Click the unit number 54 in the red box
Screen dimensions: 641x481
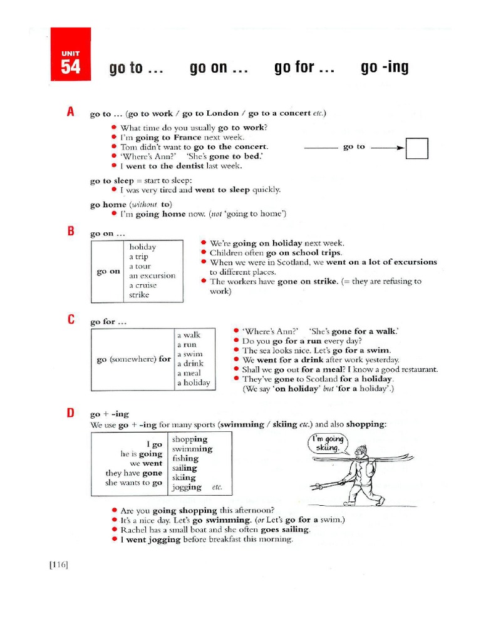(x=70, y=67)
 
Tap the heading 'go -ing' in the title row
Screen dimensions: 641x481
(x=385, y=68)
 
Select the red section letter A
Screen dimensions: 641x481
(x=71, y=112)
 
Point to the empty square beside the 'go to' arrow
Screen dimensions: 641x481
(x=416, y=148)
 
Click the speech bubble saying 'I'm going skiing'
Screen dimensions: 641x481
(x=328, y=444)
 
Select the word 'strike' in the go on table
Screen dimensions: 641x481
(x=139, y=295)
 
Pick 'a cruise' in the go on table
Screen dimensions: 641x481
(x=143, y=285)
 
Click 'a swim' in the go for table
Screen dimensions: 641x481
(x=190, y=354)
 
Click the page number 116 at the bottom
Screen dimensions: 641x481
(x=58, y=565)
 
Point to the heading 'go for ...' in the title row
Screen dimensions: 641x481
(x=304, y=68)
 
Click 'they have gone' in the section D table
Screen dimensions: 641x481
(x=133, y=473)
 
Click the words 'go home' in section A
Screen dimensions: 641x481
(x=108, y=204)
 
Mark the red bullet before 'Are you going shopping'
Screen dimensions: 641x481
(x=113, y=510)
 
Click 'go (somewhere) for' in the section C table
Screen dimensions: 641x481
(x=133, y=359)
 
